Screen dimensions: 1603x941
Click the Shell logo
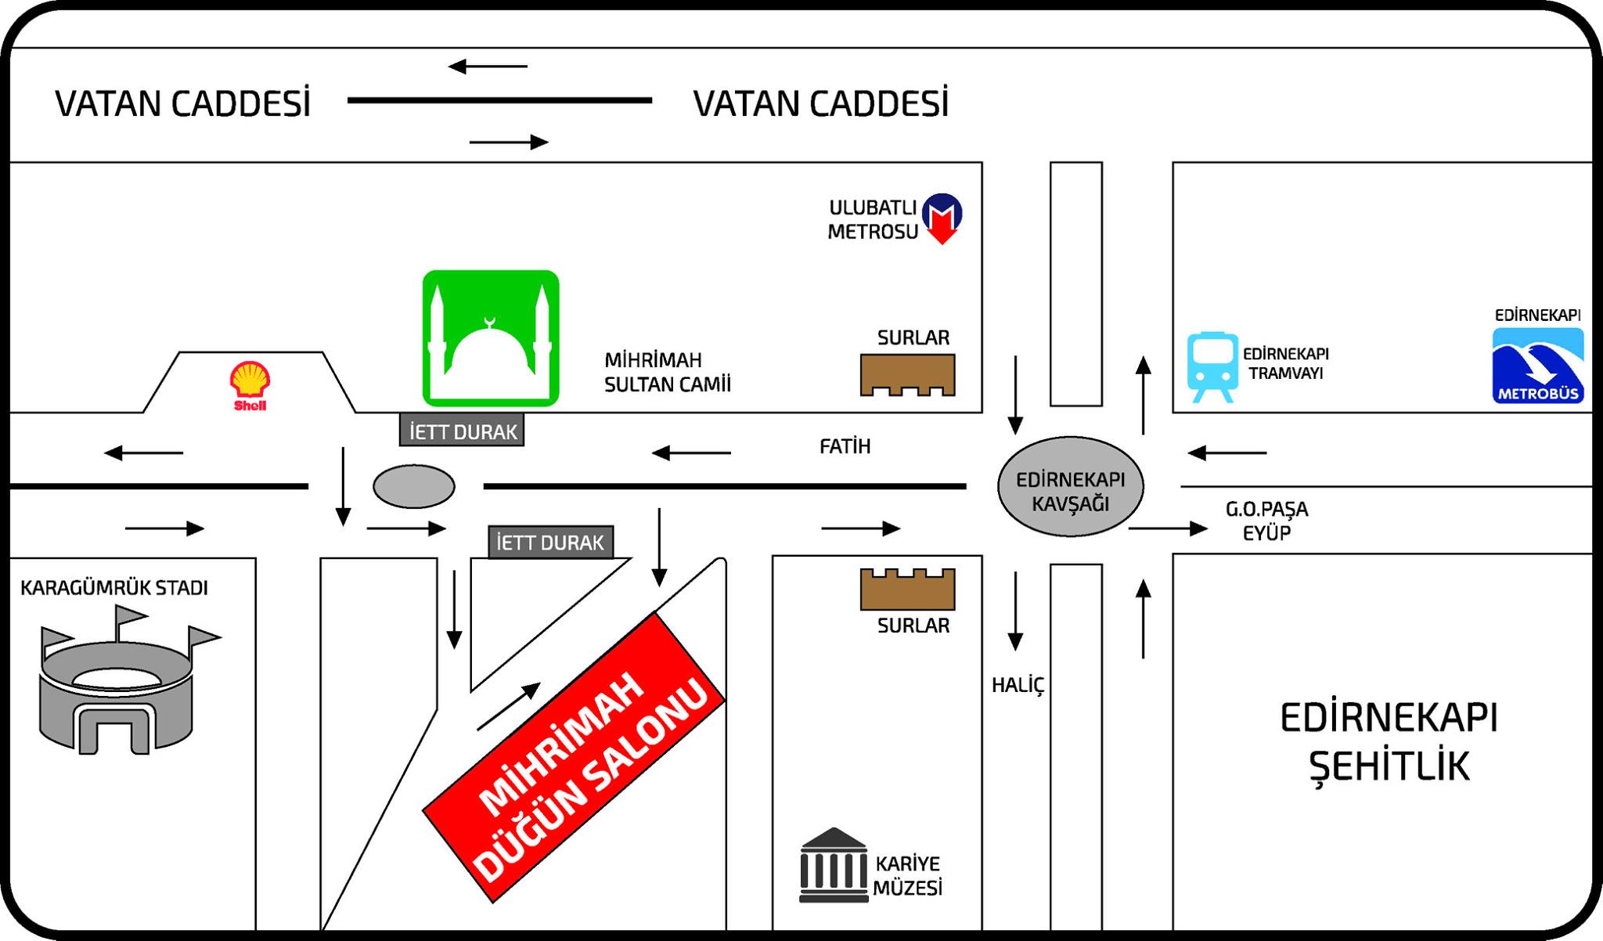pyautogui.click(x=250, y=386)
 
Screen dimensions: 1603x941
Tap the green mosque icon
pyautogui.click(x=491, y=338)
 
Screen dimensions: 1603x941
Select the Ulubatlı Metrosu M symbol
pyautogui.click(x=942, y=218)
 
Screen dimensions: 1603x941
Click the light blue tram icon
pyautogui.click(x=1212, y=367)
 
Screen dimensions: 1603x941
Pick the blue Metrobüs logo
pyautogui.click(x=1538, y=366)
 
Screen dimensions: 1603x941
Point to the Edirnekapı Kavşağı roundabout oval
pyautogui.click(x=1071, y=486)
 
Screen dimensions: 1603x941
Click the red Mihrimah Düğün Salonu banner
pyautogui.click(x=574, y=757)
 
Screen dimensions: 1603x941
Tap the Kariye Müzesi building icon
pyautogui.click(x=834, y=865)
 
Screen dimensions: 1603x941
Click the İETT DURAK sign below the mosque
pyautogui.click(x=462, y=431)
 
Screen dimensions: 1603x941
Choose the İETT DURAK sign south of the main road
pyautogui.click(x=551, y=542)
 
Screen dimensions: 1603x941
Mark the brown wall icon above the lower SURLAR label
pyautogui.click(x=908, y=589)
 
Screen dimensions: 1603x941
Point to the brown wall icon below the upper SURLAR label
pyautogui.click(x=908, y=375)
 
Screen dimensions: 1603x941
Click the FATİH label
pyautogui.click(x=845, y=446)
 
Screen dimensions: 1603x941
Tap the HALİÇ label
pyautogui.click(x=1018, y=686)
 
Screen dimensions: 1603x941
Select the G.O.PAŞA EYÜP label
pyautogui.click(x=1266, y=521)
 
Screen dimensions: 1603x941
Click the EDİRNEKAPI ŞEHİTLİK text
pyautogui.click(x=1389, y=742)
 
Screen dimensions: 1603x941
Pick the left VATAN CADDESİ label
pyautogui.click(x=183, y=103)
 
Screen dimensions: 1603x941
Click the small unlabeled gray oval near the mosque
pyautogui.click(x=414, y=486)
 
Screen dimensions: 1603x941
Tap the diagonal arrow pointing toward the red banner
pyautogui.click(x=509, y=707)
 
